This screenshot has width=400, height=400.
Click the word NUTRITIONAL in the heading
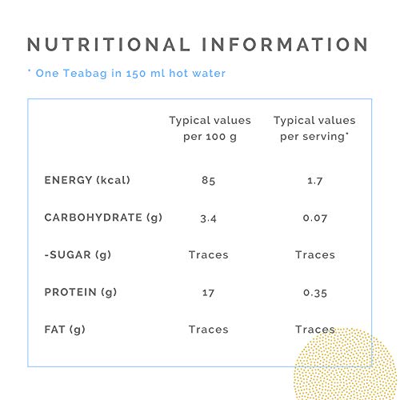coord(109,44)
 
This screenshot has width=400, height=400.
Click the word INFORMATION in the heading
coord(286,44)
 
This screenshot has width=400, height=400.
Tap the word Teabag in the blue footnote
coord(85,74)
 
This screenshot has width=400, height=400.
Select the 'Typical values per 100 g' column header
coord(210,129)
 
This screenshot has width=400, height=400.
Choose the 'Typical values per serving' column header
coord(314,129)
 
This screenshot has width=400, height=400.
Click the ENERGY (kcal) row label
coord(87,180)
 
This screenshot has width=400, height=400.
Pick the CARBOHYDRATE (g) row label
coord(103,218)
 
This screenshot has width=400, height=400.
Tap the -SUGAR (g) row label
coord(78,255)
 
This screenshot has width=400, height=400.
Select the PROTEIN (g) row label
coord(81,292)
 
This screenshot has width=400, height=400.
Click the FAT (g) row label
coord(65,330)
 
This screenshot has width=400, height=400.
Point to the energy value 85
coord(209,181)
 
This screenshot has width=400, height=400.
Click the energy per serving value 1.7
coord(315,181)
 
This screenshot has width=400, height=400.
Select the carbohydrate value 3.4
coord(209,218)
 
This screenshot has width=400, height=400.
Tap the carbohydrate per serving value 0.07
coord(315,218)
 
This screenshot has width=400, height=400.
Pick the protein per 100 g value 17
coord(208,293)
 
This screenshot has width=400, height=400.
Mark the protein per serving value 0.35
coord(315,293)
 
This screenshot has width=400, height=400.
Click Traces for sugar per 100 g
coord(209,255)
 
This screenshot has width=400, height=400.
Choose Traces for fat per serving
coord(315,330)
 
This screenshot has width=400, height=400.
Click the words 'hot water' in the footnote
coord(198,74)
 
